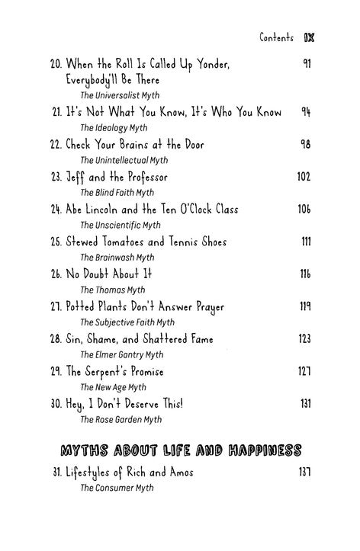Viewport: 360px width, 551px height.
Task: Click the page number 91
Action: tap(306, 63)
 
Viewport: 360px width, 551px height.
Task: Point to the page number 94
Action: tap(305, 112)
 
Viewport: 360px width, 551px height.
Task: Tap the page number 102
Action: tap(304, 177)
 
